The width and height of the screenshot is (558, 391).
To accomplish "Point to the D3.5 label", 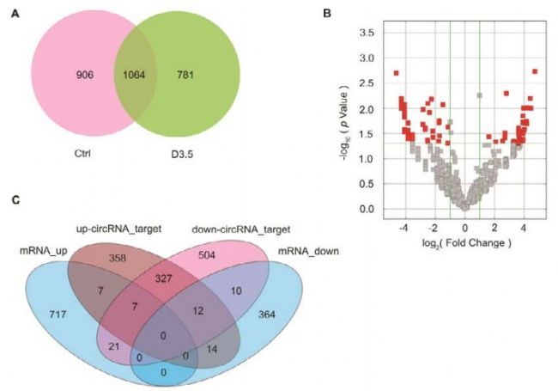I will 185,157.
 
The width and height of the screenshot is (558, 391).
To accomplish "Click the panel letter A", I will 15,15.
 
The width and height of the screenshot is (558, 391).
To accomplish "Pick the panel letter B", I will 326,13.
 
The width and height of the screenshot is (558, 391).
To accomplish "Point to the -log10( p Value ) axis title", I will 343,120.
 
